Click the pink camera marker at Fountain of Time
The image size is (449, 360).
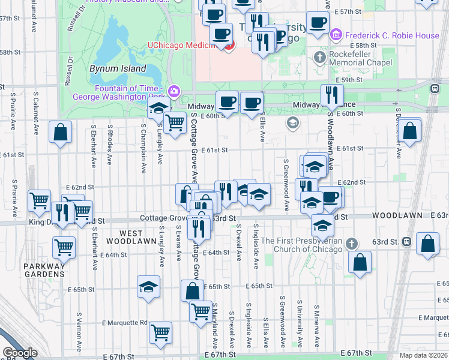click(x=174, y=91)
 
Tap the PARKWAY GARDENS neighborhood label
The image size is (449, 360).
click(x=44, y=270)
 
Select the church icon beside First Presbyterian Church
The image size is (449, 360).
click(x=352, y=244)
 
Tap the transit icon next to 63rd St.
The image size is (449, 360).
click(x=407, y=242)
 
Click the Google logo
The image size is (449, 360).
click(x=20, y=353)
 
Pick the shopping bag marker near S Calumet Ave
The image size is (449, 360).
click(x=61, y=133)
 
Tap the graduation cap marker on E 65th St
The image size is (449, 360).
click(x=148, y=286)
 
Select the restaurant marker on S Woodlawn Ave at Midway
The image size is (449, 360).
click(x=331, y=95)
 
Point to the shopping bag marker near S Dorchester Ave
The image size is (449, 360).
click(x=410, y=130)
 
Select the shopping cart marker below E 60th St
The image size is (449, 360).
click(x=174, y=124)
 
